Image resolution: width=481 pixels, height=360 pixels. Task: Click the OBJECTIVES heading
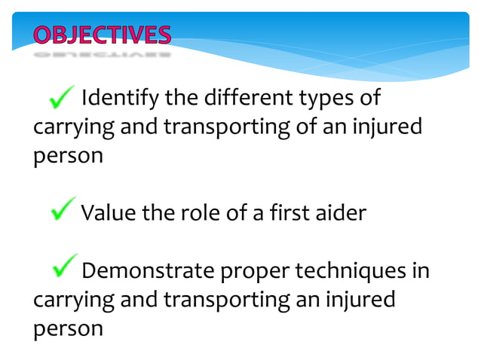tap(102, 35)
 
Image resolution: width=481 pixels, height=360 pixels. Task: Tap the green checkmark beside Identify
tap(62, 97)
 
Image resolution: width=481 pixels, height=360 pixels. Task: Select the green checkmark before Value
tap(63, 210)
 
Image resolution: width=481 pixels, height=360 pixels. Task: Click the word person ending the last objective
tap(68, 330)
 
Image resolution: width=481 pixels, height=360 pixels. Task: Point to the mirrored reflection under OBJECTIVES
tap(102, 54)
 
